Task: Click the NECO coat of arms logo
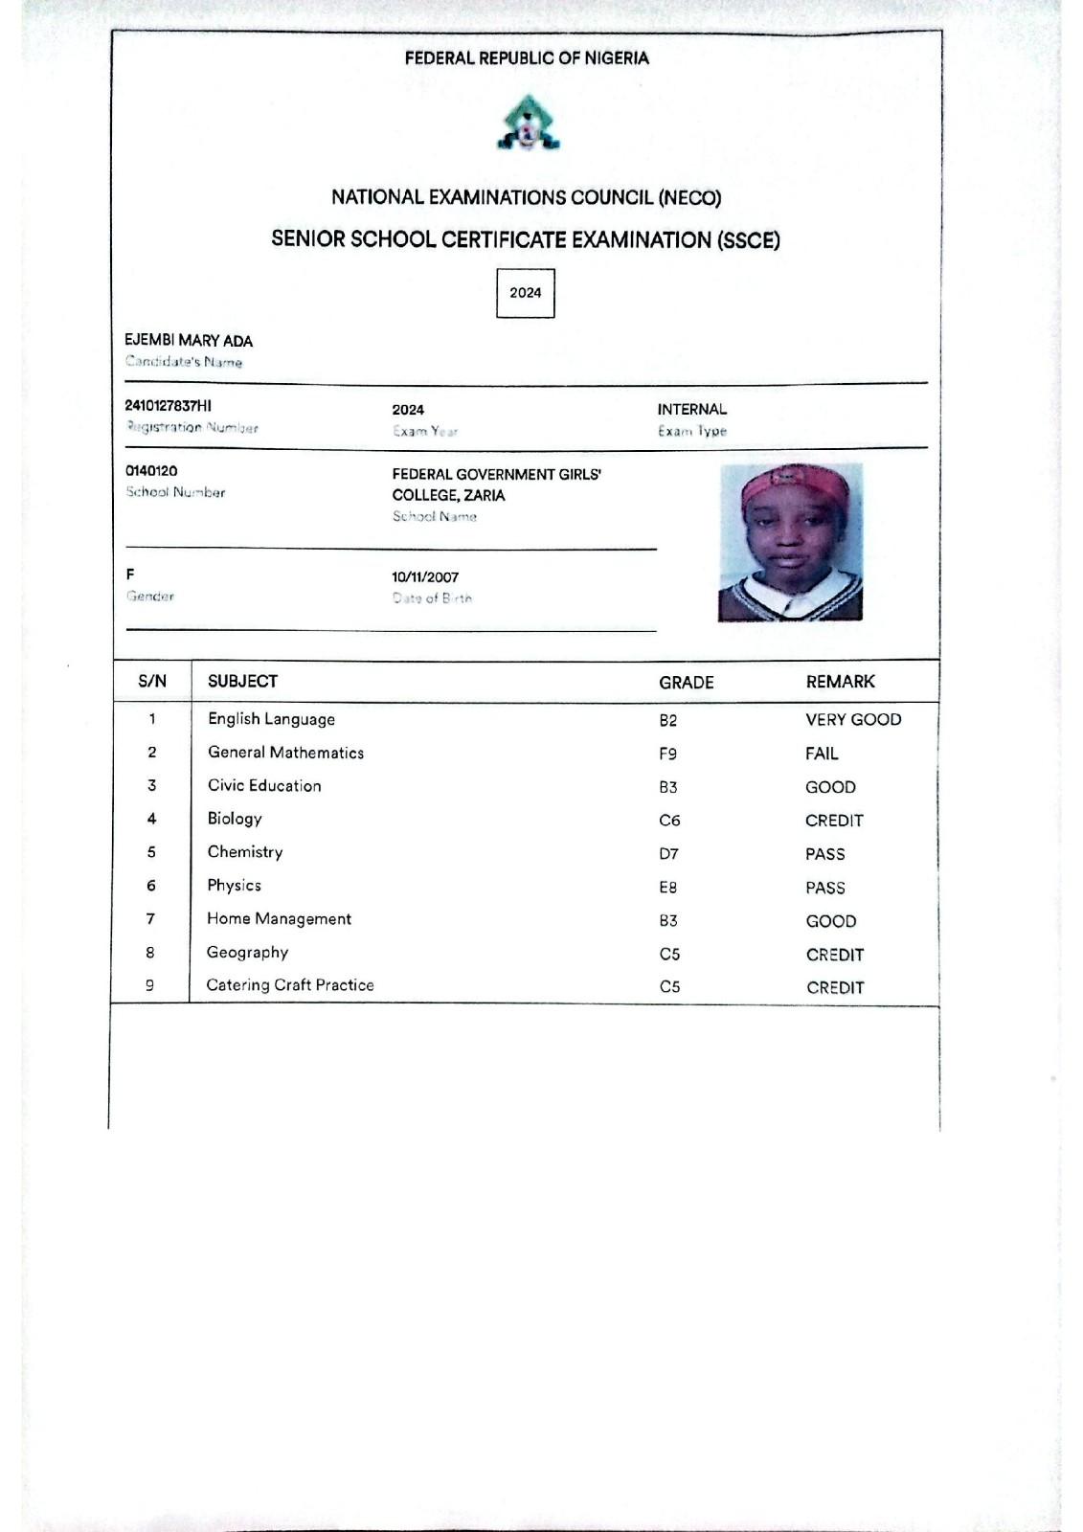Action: [x=528, y=124]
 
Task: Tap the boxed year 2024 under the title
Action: [x=526, y=293]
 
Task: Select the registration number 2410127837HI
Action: [x=169, y=406]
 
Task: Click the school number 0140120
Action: [x=151, y=471]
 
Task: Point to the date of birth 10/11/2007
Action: [x=425, y=577]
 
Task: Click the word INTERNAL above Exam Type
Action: [x=691, y=410]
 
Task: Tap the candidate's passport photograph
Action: [x=791, y=543]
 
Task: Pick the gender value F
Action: [x=130, y=574]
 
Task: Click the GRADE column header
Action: [x=686, y=683]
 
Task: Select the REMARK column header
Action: [x=840, y=682]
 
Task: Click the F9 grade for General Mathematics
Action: [x=667, y=754]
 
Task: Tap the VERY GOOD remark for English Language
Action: [x=852, y=720]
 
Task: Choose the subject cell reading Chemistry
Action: [x=245, y=852]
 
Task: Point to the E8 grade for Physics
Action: [x=667, y=888]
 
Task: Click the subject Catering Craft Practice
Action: [x=290, y=985]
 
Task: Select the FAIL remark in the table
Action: [x=821, y=754]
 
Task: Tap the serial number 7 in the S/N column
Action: [x=150, y=919]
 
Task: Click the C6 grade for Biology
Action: [x=669, y=821]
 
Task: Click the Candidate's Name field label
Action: [x=184, y=362]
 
